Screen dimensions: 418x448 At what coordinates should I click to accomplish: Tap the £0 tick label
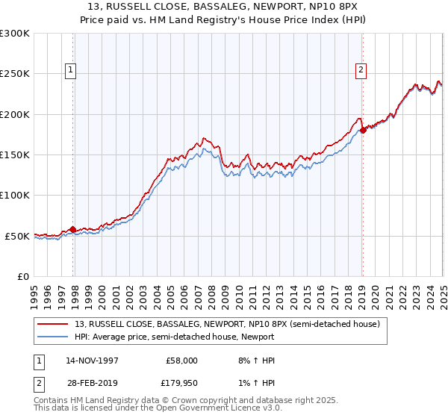tap(22, 276)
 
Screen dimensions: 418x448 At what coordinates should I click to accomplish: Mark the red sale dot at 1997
tap(72, 229)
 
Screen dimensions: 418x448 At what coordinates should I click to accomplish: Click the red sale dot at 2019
tap(363, 130)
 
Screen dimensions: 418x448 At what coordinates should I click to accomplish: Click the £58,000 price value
tap(181, 361)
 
